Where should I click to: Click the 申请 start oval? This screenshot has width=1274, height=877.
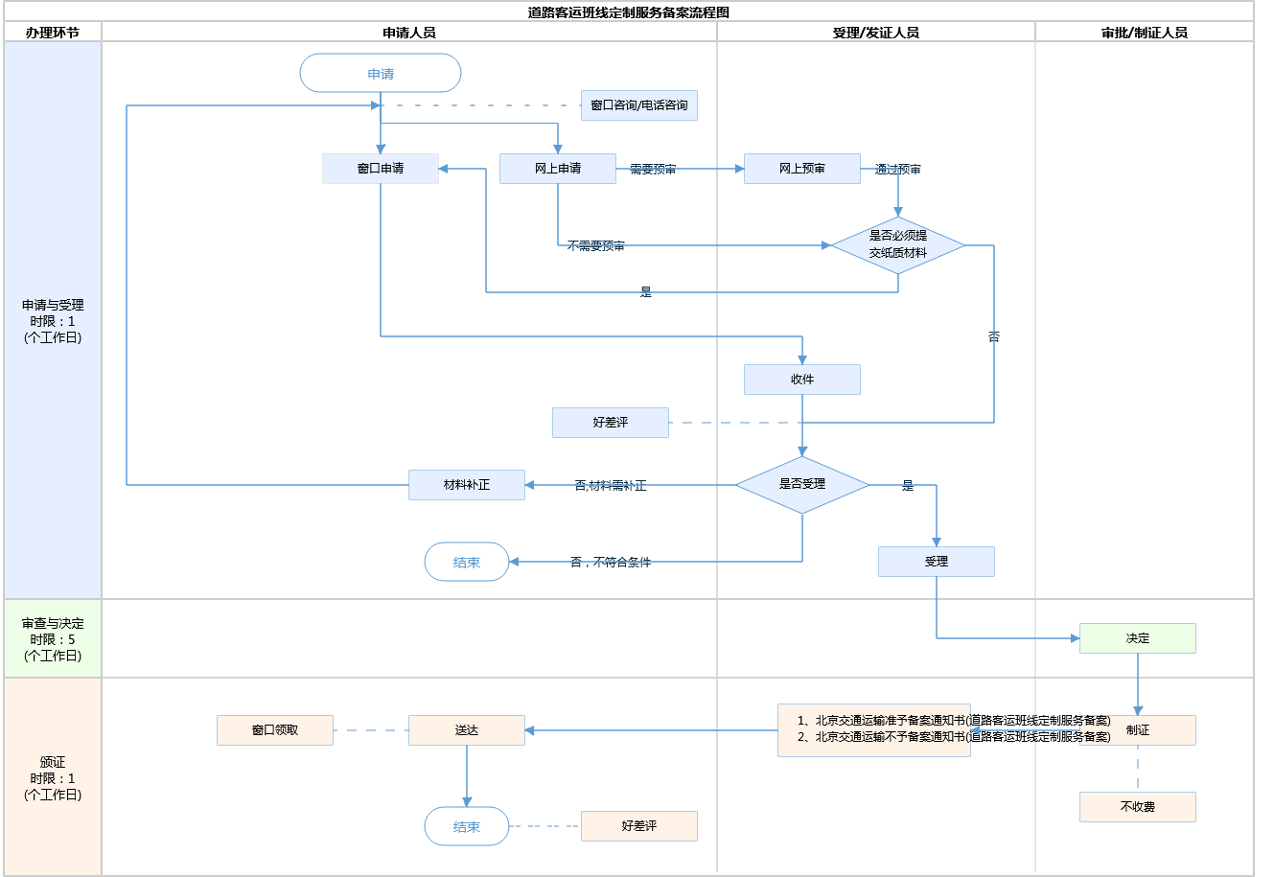pyautogui.click(x=381, y=74)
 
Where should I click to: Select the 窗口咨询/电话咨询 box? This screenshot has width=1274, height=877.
pyautogui.click(x=639, y=105)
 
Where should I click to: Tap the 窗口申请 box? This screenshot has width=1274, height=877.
pyautogui.click(x=381, y=169)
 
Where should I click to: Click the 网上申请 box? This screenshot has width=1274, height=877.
pyautogui.click(x=558, y=169)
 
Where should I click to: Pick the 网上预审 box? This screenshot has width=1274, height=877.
pyautogui.click(x=802, y=169)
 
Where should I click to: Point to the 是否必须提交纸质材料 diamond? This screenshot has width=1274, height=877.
pyautogui.click(x=898, y=244)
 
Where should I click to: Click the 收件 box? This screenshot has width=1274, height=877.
pyautogui.click(x=802, y=380)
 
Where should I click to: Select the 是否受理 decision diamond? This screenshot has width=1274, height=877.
pyautogui.click(x=802, y=484)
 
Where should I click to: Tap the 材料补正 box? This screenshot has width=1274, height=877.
pyautogui.click(x=467, y=485)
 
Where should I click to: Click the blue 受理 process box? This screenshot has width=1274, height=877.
pyautogui.click(x=937, y=562)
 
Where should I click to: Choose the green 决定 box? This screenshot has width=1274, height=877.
pyautogui.click(x=1138, y=638)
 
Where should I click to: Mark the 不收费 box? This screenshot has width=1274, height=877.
pyautogui.click(x=1138, y=807)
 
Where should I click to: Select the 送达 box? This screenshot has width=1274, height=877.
pyautogui.click(x=467, y=730)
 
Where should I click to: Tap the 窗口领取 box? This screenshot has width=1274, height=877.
pyautogui.click(x=275, y=730)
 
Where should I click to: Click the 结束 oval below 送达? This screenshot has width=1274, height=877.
pyautogui.click(x=467, y=826)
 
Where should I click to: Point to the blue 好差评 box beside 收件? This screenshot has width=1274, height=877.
pyautogui.click(x=611, y=423)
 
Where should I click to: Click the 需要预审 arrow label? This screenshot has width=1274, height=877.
pyautogui.click(x=653, y=170)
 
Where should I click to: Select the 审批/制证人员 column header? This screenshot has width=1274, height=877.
pyautogui.click(x=1145, y=33)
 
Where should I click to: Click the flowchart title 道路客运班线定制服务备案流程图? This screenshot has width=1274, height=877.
pyautogui.click(x=629, y=12)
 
